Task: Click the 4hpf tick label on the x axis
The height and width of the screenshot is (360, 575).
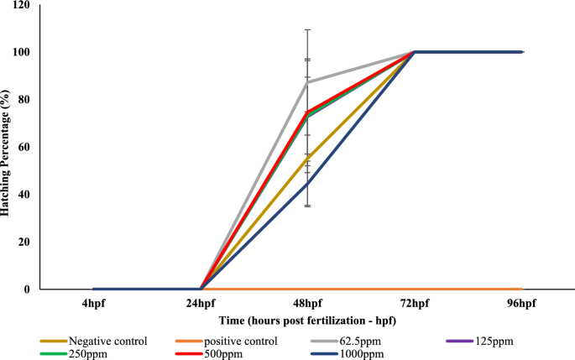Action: pyautogui.click(x=94, y=303)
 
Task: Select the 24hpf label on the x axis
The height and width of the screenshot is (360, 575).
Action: pyautogui.click(x=201, y=303)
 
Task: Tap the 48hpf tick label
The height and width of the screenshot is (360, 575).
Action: pyautogui.click(x=307, y=303)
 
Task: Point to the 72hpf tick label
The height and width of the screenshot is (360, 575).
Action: pyautogui.click(x=415, y=303)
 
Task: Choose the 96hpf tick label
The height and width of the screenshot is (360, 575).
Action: pyautogui.click(x=521, y=303)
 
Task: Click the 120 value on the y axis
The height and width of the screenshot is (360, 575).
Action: pyautogui.click(x=21, y=5)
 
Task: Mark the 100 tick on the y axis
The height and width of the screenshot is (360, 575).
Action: pyautogui.click(x=21, y=52)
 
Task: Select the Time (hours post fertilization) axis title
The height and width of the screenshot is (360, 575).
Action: pyautogui.click(x=295, y=321)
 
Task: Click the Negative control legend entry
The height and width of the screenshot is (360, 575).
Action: pyautogui.click(x=107, y=341)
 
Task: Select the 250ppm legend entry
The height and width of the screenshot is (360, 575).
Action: pyautogui.click(x=89, y=353)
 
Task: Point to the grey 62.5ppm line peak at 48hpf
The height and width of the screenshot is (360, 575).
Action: pyautogui.click(x=307, y=82)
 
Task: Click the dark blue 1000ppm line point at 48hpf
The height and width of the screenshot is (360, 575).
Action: pyautogui.click(x=307, y=183)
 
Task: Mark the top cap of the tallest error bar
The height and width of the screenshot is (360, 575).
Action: pyautogui.click(x=307, y=29)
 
